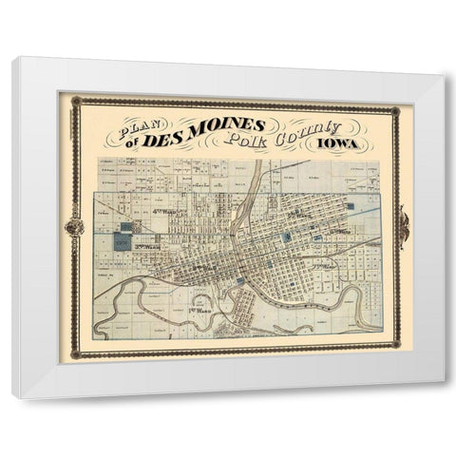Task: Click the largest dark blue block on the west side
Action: [x=123, y=241]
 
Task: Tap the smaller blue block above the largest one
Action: [x=127, y=227]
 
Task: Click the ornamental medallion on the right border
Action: [x=404, y=227]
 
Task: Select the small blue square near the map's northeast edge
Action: [x=350, y=205]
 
